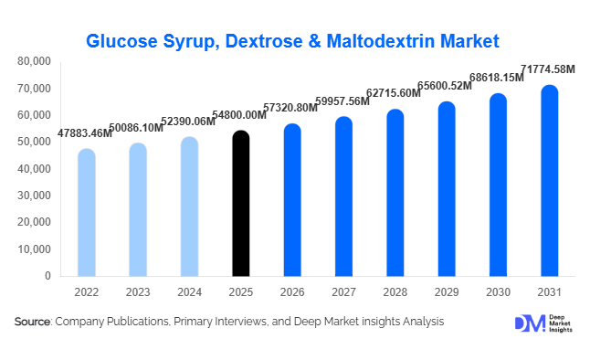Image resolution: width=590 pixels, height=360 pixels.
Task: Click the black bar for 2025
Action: tap(240, 204)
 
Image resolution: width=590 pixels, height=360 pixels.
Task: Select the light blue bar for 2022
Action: tap(86, 213)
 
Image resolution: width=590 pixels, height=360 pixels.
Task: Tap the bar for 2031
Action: tap(549, 181)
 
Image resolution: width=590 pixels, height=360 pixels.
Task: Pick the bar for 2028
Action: tap(395, 193)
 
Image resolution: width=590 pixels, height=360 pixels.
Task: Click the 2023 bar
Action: tap(137, 209)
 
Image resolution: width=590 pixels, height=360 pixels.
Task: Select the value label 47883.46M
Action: tap(86, 133)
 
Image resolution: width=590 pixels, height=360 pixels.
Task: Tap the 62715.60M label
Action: tap(395, 94)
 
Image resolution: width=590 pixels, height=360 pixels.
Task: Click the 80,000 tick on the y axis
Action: tap(35, 62)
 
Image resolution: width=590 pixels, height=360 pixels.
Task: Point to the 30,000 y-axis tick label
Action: tap(35, 196)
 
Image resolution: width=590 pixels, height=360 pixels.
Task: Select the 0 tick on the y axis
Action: tap(48, 276)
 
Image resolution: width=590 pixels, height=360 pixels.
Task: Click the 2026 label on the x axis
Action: tap(291, 292)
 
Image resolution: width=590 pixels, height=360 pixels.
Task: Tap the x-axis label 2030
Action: tap(497, 292)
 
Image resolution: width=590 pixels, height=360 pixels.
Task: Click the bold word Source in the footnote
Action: tap(33, 322)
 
